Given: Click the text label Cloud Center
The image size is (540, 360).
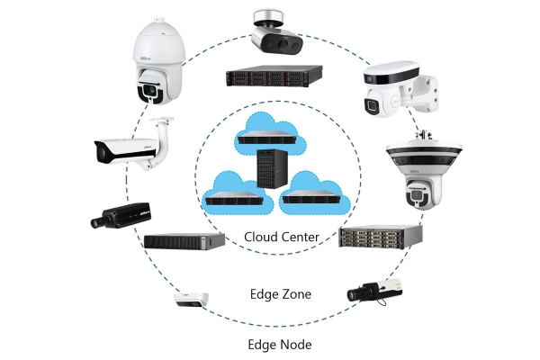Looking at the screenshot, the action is click(x=282, y=237).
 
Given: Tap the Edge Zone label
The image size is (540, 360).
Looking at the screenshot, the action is click(x=281, y=294).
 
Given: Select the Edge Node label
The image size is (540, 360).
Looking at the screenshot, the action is click(x=280, y=345).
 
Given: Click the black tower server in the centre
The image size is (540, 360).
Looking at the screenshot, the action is click(x=273, y=169).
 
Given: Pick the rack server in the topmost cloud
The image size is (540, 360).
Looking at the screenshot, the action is click(x=267, y=138).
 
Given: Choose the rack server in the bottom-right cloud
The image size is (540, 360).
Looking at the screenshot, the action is click(x=311, y=197).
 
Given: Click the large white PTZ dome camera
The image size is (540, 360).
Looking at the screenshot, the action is click(x=158, y=61).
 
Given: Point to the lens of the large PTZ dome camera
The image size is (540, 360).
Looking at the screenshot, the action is click(x=150, y=90).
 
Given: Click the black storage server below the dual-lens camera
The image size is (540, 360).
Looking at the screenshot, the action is click(x=274, y=76).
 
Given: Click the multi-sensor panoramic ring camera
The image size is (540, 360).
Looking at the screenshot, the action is click(x=424, y=169).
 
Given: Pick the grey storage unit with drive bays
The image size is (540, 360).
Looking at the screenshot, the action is click(x=381, y=237).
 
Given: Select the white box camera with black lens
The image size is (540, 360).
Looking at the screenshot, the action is click(x=374, y=292).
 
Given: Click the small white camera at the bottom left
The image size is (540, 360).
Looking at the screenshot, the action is click(x=192, y=300).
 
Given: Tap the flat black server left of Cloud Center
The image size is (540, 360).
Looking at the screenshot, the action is click(x=184, y=241).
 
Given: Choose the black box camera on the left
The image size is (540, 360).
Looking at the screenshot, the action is click(x=121, y=216).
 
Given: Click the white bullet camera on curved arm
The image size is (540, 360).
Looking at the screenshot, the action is click(x=133, y=145).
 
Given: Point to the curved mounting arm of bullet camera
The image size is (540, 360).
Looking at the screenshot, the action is click(x=162, y=141).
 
